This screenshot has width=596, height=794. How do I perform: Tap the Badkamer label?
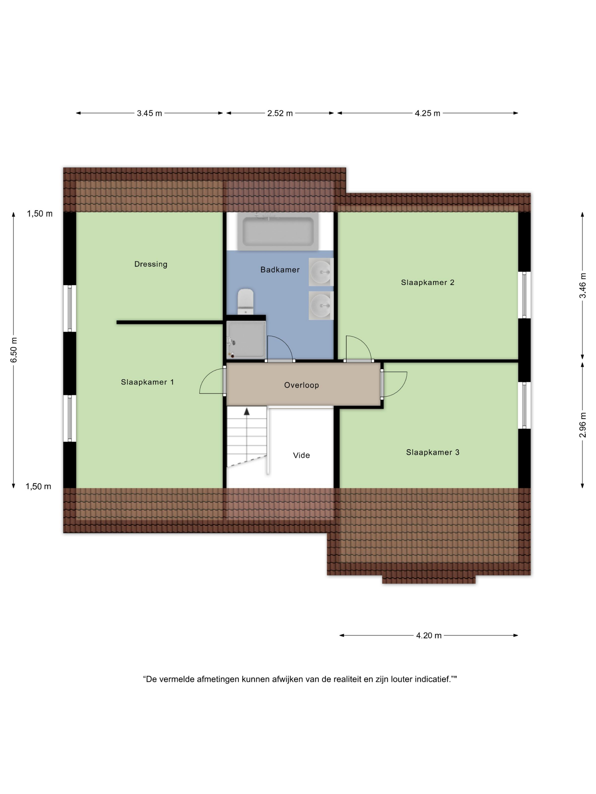coord(280,270)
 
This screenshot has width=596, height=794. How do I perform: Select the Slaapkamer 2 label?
coord(427,282)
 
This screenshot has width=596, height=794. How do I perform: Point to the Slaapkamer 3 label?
coord(433,452)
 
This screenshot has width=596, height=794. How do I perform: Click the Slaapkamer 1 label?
coord(147,382)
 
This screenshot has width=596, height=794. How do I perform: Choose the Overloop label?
coord(301,385)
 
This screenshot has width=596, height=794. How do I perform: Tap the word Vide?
coord(301,455)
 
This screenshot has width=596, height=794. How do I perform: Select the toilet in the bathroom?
coord(246,301)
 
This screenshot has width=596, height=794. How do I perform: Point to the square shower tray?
coord(246,340)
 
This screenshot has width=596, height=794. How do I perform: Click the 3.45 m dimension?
coord(150,113)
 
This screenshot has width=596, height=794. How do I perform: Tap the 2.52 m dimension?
coord(280,113)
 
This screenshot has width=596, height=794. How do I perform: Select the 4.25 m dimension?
coord(427,113)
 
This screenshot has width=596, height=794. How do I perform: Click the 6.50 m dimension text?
coord(14,350)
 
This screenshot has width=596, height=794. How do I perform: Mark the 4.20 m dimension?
coord(429,635)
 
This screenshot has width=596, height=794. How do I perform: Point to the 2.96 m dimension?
coord(583,425)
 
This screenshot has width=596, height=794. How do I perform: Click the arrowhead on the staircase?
coord(247,411)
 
